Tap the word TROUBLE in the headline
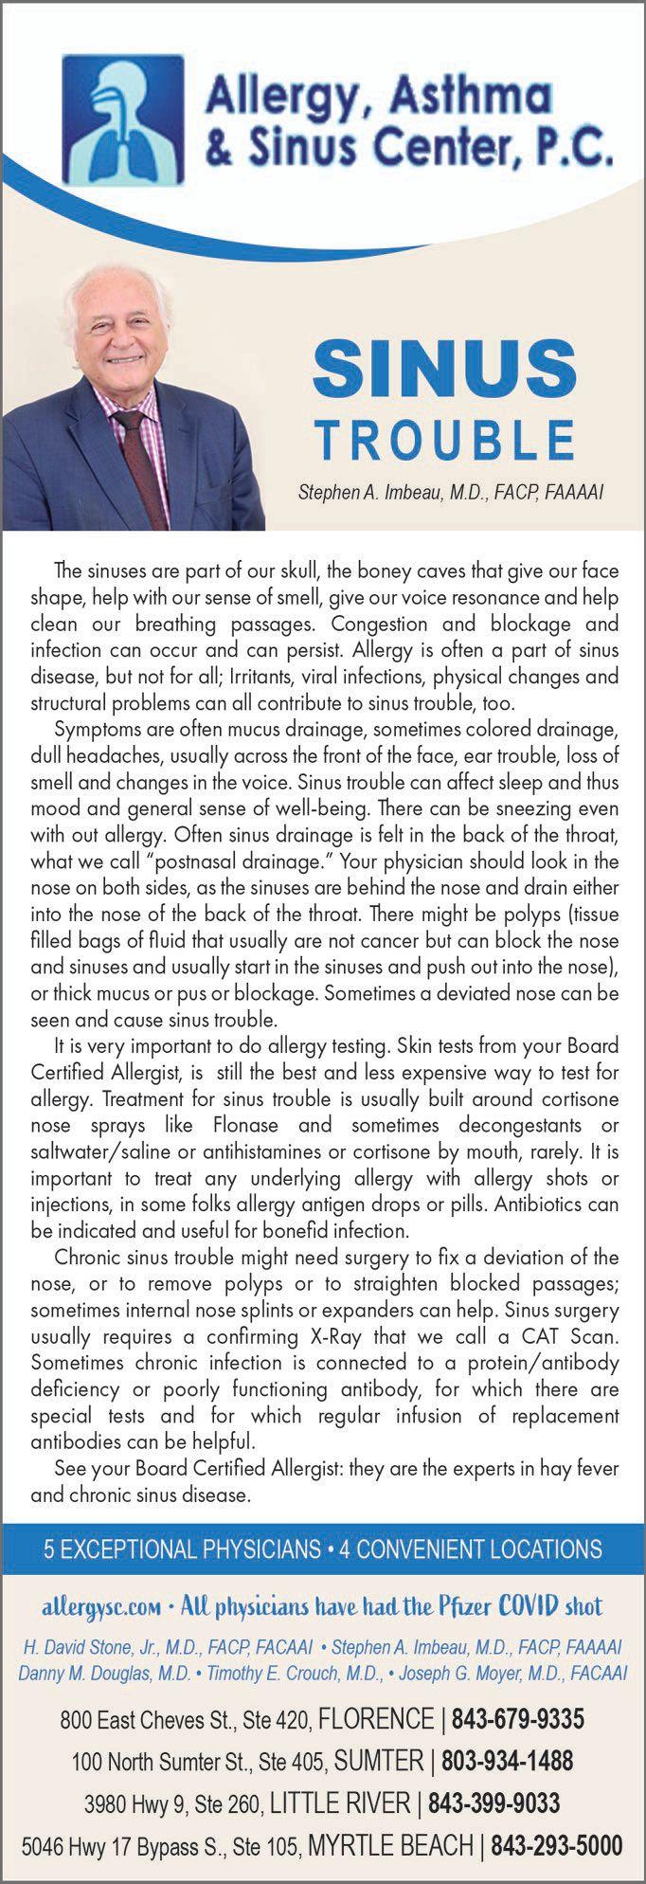click(x=444, y=441)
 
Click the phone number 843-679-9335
click(x=517, y=1718)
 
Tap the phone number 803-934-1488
click(x=508, y=1761)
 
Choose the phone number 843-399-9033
click(x=493, y=1802)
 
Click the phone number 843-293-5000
click(x=558, y=1845)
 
